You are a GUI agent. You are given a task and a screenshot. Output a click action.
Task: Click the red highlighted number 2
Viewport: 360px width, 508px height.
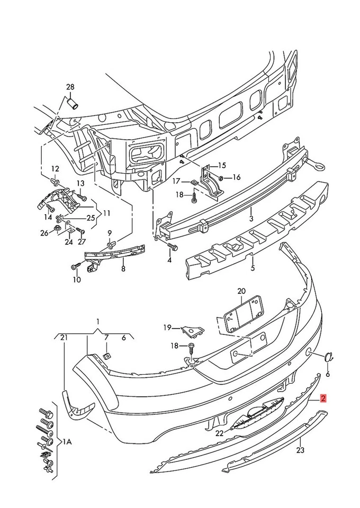coord(323,398)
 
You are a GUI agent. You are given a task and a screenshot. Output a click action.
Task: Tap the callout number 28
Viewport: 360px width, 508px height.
coord(70,87)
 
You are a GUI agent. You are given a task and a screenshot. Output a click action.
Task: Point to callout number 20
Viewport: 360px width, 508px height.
coord(241,291)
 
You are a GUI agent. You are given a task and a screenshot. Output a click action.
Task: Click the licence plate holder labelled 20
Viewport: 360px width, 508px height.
coord(244,315)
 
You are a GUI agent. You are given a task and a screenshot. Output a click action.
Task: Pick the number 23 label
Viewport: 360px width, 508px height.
coord(300,451)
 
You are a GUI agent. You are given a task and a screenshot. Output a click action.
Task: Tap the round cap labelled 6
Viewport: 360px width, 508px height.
coord(329,358)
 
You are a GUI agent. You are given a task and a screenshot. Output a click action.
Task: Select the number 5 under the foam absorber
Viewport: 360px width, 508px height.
coord(253,268)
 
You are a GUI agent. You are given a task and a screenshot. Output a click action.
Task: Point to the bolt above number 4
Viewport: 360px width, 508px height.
coord(172,247)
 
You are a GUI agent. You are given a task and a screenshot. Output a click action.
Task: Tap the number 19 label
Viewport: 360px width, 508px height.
coord(167,328)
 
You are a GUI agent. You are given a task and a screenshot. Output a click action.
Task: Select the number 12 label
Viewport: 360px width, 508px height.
coord(55,169)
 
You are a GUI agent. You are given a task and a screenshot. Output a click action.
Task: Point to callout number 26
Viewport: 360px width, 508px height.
coord(44,232)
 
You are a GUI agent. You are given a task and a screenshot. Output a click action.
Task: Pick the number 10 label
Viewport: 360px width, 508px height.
coord(77,280)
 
